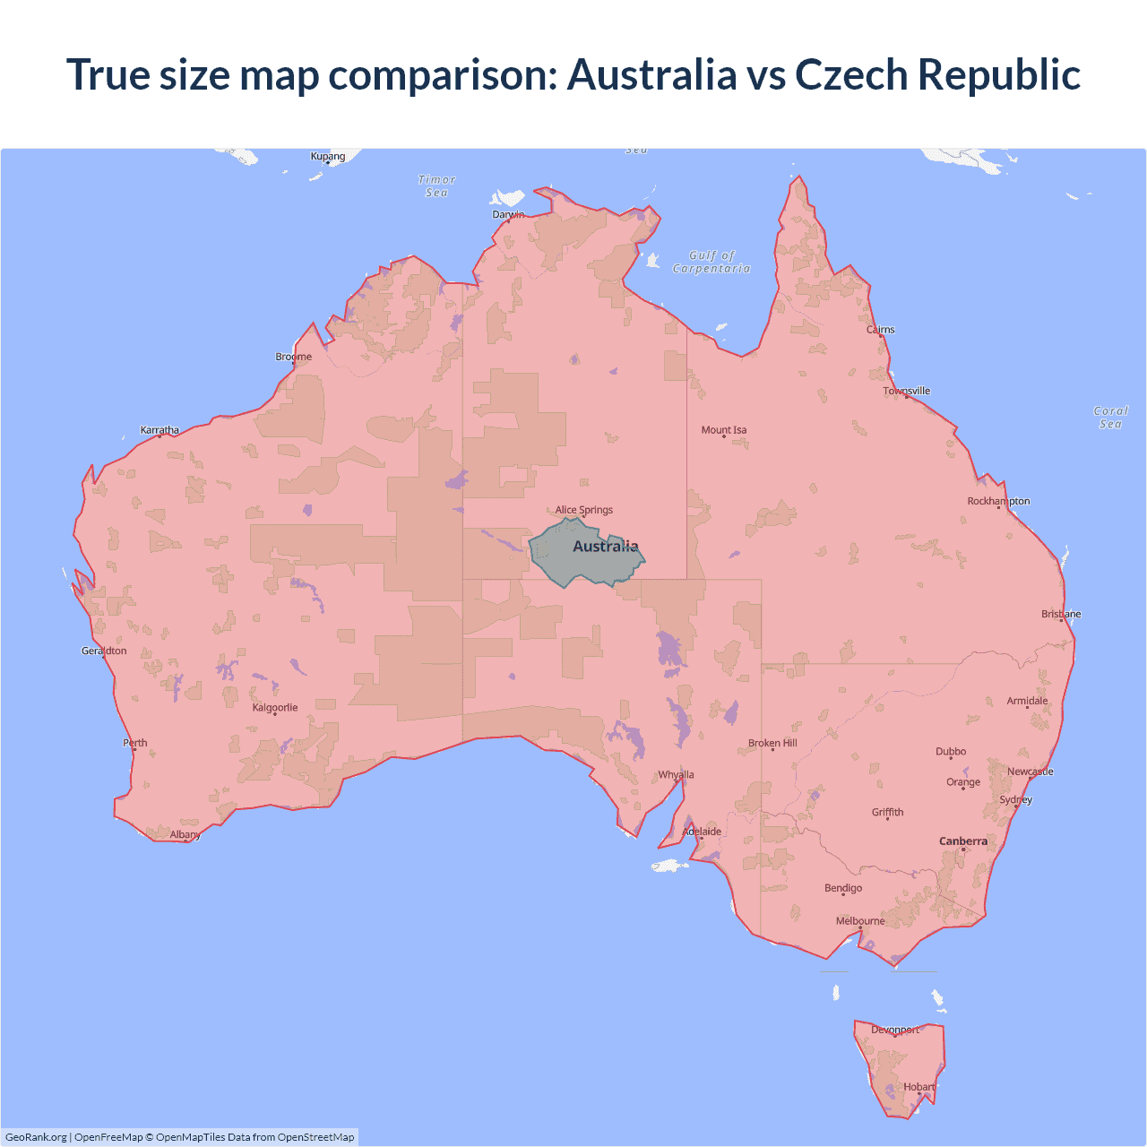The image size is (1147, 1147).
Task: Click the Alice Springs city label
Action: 584,510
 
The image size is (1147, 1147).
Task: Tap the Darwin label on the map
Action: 508,214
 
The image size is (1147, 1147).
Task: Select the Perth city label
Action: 135,742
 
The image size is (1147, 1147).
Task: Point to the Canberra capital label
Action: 963,841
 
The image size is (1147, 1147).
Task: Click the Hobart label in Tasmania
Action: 918,1087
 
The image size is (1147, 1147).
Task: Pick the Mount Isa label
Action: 724,430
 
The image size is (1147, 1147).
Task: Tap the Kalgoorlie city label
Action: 275,707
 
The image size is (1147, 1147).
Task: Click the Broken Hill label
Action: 772,743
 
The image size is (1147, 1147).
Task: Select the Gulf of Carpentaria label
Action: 711,262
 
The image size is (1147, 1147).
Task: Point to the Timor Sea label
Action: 436,185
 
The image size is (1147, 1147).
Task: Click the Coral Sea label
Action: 1110,418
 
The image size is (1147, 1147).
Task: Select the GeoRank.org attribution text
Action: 36,1137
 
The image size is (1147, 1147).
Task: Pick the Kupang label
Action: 328,156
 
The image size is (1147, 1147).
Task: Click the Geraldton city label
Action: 104,651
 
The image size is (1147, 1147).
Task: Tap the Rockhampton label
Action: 998,501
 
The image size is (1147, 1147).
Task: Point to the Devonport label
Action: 895,1030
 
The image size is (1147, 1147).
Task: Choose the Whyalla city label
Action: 677,774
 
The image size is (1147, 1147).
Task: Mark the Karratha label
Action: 160,430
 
